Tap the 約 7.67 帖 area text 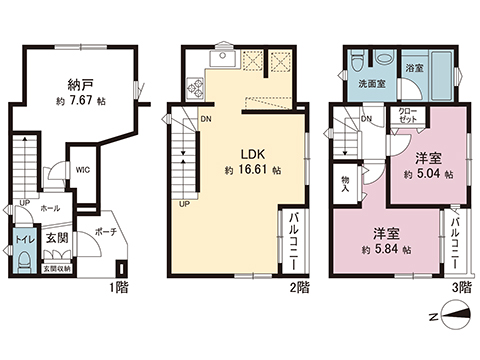point(81,102)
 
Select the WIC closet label point(84,169)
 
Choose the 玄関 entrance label point(56,239)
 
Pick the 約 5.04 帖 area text point(428,173)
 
